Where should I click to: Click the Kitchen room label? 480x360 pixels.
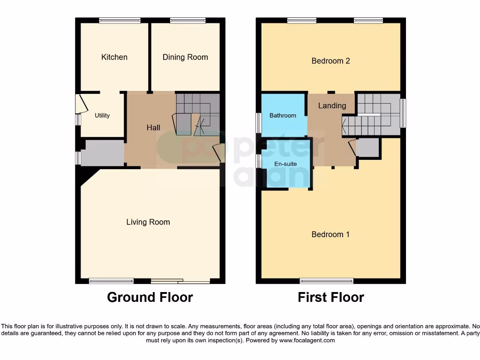click(114, 57)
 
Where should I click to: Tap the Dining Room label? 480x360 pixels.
click(185, 57)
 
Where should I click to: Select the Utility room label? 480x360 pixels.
click(102, 115)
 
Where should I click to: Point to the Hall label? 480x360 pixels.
click(153, 127)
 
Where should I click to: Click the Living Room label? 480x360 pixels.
click(148, 222)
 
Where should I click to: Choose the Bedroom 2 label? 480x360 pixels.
click(330, 61)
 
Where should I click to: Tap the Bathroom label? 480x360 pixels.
click(283, 115)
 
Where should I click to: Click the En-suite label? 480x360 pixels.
click(285, 164)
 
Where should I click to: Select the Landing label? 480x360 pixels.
click(332, 106)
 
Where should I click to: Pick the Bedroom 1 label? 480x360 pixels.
click(330, 234)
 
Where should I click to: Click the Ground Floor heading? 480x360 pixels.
click(150, 297)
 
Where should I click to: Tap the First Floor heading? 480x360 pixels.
click(330, 297)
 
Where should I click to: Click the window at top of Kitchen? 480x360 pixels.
click(120, 20)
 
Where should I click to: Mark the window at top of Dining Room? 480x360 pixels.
click(187, 20)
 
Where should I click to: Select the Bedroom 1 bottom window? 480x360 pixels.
click(327, 281)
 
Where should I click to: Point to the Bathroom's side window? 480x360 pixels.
click(258, 123)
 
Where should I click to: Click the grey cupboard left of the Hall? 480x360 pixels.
click(103, 152)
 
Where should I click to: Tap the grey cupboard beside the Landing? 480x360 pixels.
click(367, 148)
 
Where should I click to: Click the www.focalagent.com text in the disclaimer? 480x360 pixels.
click(307, 340)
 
